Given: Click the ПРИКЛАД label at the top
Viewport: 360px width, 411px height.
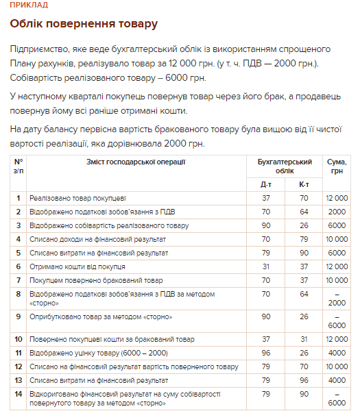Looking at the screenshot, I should pyautogui.click(x=29, y=5).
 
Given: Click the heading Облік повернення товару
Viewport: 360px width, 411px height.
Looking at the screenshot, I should pyautogui.click(x=84, y=24).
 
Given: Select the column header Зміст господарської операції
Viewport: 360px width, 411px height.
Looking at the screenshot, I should pyautogui.click(x=136, y=162).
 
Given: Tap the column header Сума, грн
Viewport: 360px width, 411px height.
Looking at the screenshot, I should pyautogui.click(x=337, y=166).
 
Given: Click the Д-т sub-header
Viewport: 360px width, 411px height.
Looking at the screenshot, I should pyautogui.click(x=265, y=184).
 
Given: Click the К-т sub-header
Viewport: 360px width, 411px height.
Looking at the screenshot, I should pyautogui.click(x=304, y=184).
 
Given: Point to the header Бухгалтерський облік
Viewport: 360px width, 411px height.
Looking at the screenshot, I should pyautogui.click(x=285, y=166).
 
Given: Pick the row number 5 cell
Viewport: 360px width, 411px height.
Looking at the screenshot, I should pyautogui.click(x=19, y=253).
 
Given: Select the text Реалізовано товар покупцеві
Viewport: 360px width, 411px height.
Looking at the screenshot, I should pyautogui.click(x=77, y=198).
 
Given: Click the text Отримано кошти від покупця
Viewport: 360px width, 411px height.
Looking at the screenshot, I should pyautogui.click(x=77, y=266).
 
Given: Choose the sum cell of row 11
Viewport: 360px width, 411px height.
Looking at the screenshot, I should pyautogui.click(x=337, y=353).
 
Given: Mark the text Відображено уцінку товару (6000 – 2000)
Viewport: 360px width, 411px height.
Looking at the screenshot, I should pyautogui.click(x=98, y=353).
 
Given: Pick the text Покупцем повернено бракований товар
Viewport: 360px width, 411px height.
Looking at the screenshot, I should pyautogui.click(x=96, y=280).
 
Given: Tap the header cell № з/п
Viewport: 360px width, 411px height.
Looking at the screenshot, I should pyautogui.click(x=19, y=166).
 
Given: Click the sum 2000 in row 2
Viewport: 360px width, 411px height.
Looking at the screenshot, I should pyautogui.click(x=337, y=212).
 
